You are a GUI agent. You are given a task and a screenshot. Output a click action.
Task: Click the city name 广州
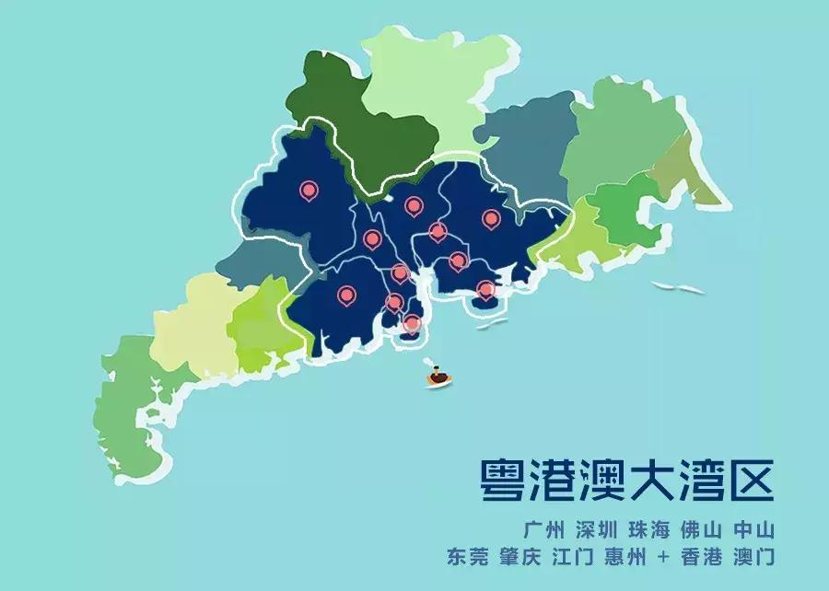pos(543,531)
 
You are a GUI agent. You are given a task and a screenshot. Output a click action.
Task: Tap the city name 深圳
pos(596,531)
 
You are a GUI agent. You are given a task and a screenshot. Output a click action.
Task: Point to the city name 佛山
pos(701,531)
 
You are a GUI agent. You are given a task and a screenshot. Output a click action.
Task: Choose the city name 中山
pos(754,531)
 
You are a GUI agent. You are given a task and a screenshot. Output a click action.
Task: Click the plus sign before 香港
pos(664,557)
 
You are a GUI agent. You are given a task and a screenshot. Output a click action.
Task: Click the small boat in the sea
pos(438,376)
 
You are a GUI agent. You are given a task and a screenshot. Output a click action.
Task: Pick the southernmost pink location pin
pos(412,322)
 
